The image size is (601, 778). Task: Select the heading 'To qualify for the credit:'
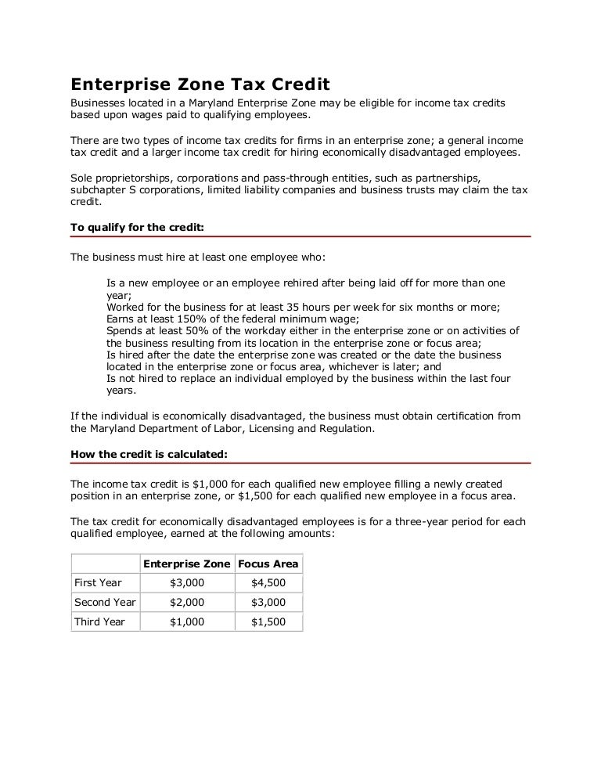pos(138,228)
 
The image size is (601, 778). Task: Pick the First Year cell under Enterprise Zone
pos(187,583)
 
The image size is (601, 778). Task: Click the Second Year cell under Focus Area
pos(268,603)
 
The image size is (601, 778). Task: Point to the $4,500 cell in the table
pos(268,583)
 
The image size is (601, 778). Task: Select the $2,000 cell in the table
pos(187,603)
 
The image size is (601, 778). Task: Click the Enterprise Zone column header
pos(187,564)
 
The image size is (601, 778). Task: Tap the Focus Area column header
pos(268,564)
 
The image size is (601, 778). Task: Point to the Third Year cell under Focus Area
pos(268,622)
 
